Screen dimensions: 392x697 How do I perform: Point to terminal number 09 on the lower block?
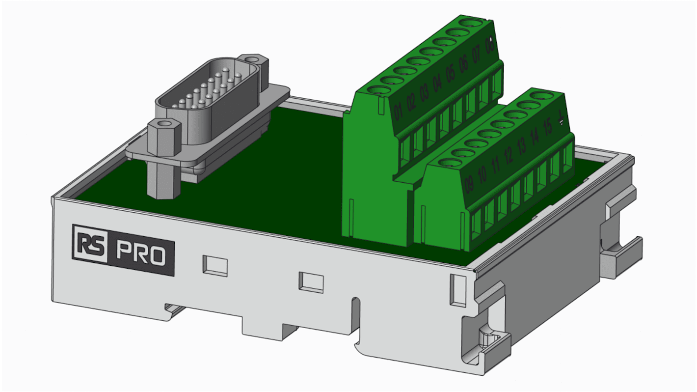pos(469,183)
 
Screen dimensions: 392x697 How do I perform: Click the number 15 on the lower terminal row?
pos(548,126)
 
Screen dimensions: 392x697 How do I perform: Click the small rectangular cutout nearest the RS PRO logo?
pos(214,265)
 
